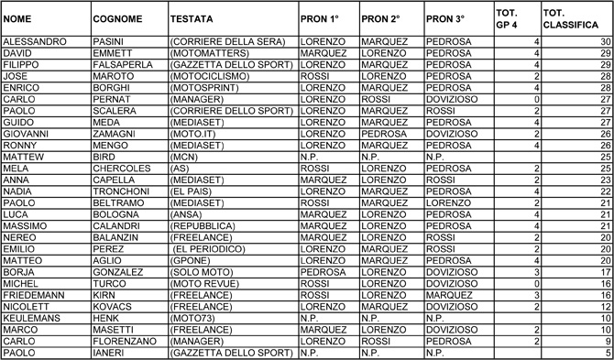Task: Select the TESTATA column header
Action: (x=193, y=18)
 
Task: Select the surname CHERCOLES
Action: (x=122, y=169)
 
